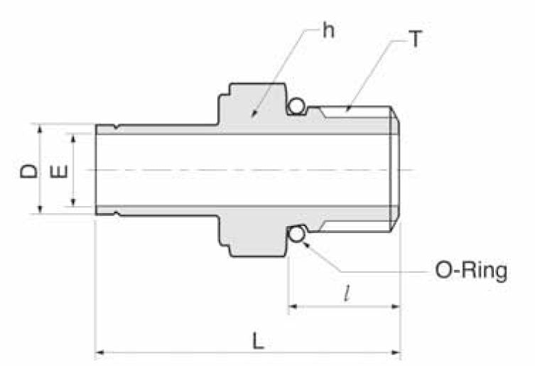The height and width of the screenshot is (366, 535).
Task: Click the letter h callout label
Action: pyautogui.click(x=328, y=31)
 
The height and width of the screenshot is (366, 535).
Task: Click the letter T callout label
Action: pyautogui.click(x=415, y=39)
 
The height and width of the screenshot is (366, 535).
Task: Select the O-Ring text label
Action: pyautogui.click(x=471, y=271)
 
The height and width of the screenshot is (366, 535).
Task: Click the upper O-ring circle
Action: pyautogui.click(x=297, y=107)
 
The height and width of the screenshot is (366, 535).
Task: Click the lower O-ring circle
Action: pyautogui.click(x=297, y=234)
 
